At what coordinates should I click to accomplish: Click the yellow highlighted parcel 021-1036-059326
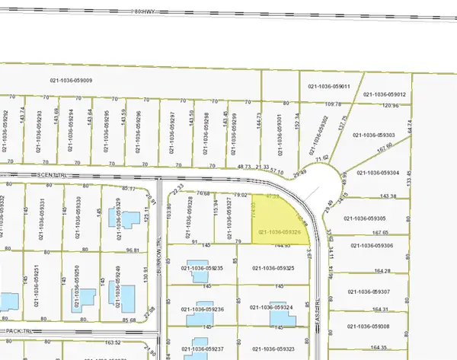click(279, 221)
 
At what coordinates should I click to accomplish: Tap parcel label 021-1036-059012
click(385, 94)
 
